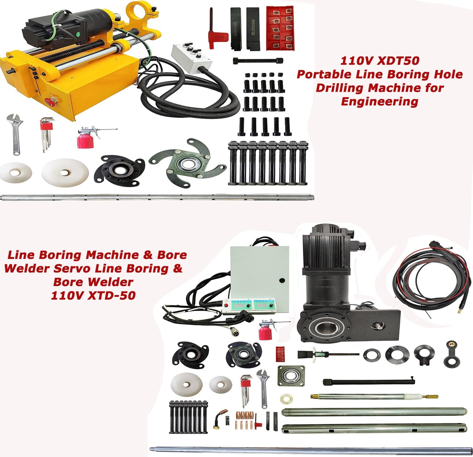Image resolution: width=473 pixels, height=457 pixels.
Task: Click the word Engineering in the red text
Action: (380, 102)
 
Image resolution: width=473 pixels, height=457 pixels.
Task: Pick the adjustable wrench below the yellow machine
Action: (14, 134)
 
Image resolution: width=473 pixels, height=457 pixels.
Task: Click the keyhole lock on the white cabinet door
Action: (282, 280)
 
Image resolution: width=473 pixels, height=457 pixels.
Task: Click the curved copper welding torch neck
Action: (220, 418)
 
